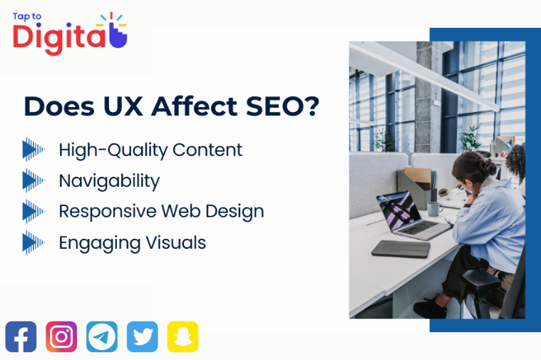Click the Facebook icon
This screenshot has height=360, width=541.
[x=21, y=336]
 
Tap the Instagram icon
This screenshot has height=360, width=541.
[x=61, y=336]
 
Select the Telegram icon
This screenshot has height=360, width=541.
[x=102, y=336]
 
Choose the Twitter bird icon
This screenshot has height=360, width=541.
[x=143, y=336]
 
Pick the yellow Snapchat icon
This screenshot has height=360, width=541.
[x=183, y=336]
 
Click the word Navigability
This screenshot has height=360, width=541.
[x=109, y=181]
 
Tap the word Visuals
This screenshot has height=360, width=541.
[x=175, y=242]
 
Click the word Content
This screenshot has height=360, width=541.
[x=207, y=150]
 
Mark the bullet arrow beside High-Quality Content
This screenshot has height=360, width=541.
[x=34, y=149]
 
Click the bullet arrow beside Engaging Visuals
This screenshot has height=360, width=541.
[x=34, y=242]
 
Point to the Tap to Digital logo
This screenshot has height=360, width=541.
[x=69, y=33]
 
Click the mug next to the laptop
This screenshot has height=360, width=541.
[x=433, y=209]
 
